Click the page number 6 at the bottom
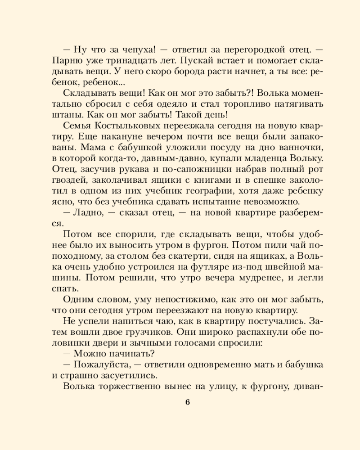click(187, 402)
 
